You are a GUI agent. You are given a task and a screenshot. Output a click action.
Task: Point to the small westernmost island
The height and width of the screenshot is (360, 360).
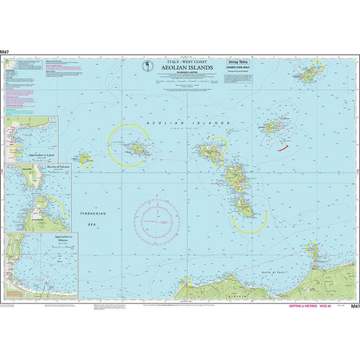coord(84,160)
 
